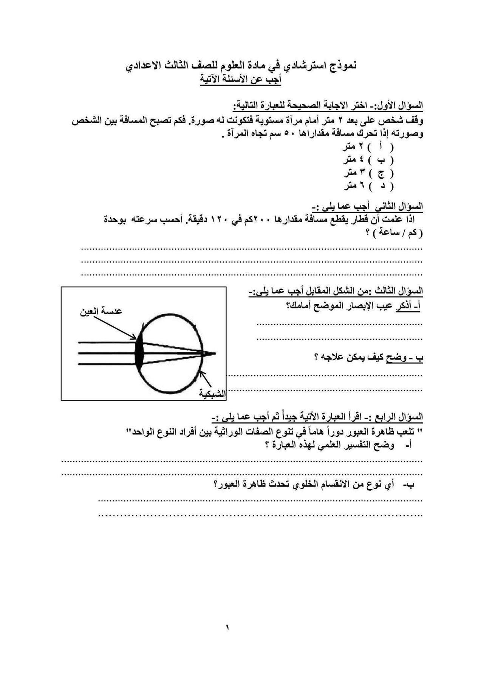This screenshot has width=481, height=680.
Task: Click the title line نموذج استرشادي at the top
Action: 241,66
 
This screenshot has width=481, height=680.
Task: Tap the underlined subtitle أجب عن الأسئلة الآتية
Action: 240,80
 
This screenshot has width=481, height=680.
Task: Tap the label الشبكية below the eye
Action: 213,394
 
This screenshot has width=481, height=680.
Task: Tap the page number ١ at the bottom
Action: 228,627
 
